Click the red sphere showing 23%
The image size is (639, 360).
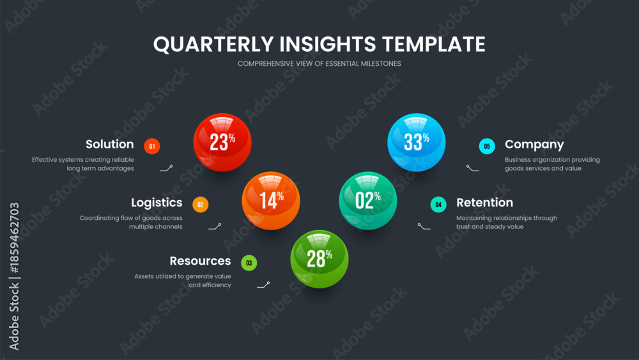tap(222, 143)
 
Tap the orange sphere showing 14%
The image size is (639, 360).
tap(270, 201)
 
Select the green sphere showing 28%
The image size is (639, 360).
tap(319, 259)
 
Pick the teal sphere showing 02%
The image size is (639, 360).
tap(367, 201)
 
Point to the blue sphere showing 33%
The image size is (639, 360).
tap(416, 143)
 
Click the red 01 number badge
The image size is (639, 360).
tap(152, 146)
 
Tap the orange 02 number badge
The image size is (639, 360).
tap(200, 204)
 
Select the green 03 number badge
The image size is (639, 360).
tap(249, 263)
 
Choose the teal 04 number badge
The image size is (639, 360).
tap(438, 204)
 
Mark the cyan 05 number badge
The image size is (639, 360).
tap(487, 146)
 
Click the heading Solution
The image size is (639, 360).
tap(110, 144)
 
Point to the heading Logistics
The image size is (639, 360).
tap(157, 203)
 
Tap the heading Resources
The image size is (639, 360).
tap(200, 261)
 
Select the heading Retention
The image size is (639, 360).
tap(484, 203)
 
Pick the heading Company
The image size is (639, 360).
tap(534, 145)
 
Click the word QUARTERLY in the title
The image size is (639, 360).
tap(213, 44)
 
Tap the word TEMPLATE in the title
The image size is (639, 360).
tap(434, 44)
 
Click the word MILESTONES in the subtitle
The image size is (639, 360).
tap(381, 63)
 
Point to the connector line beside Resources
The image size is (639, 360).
tap(263, 285)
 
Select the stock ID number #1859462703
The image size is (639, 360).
tap(14, 238)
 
